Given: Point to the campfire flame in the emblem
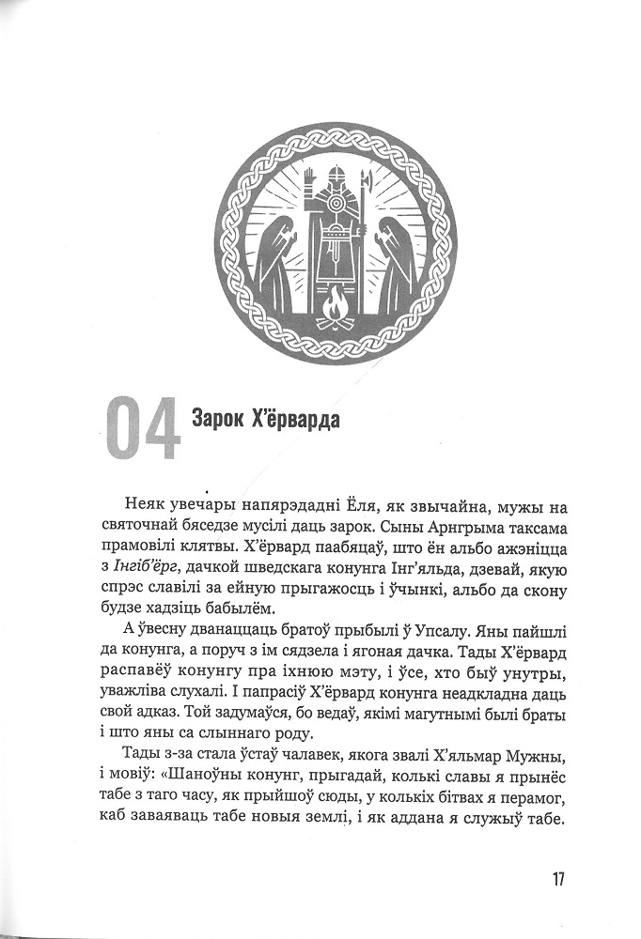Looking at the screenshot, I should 336,301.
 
